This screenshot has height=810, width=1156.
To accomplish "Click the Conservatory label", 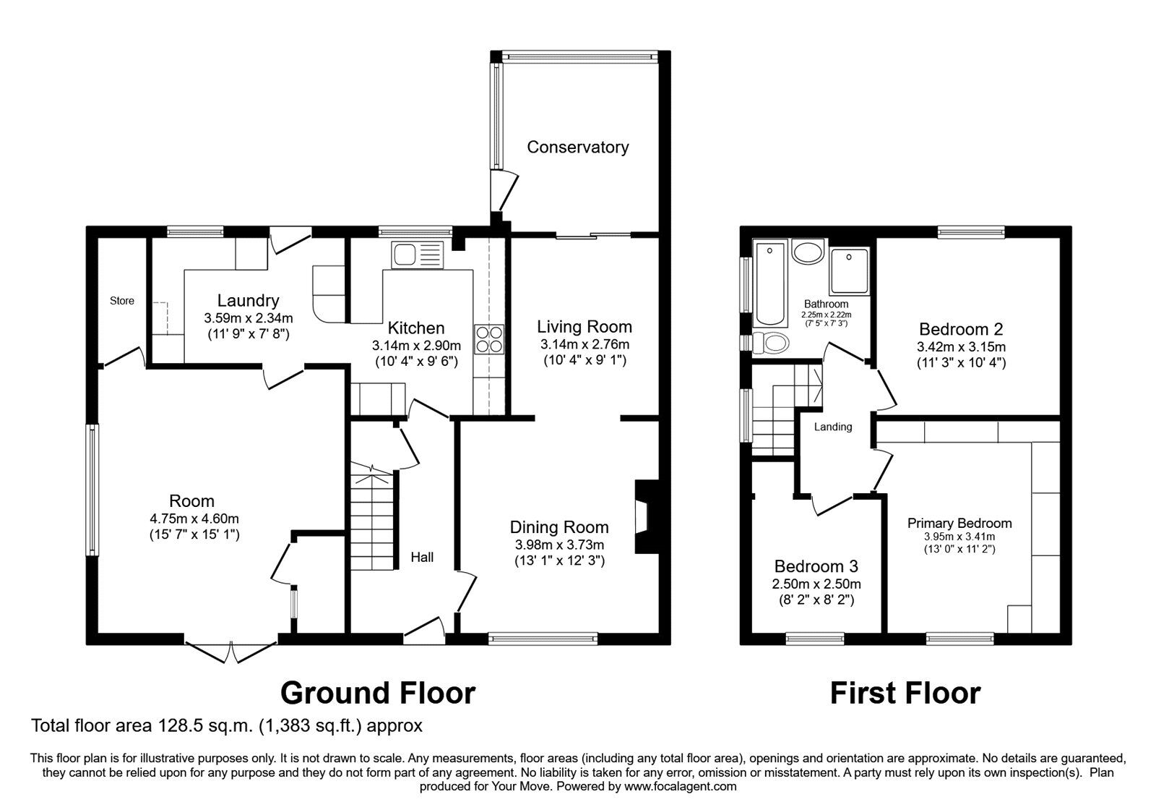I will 577,148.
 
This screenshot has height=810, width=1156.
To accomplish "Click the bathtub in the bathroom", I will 769,284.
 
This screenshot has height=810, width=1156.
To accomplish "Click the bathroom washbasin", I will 807,255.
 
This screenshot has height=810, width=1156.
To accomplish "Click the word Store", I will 122,301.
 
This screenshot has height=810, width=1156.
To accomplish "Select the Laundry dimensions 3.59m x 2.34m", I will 248,317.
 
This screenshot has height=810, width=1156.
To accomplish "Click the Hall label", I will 422,557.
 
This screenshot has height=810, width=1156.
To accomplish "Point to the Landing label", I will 833,427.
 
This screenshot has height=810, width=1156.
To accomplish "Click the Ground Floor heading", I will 377,693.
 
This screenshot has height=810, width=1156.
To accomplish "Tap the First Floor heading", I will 905,693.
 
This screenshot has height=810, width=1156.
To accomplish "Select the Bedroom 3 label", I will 816,566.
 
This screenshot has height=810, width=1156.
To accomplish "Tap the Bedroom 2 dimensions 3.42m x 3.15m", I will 961,346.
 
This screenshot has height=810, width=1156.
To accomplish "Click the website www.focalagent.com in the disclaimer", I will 680,786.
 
